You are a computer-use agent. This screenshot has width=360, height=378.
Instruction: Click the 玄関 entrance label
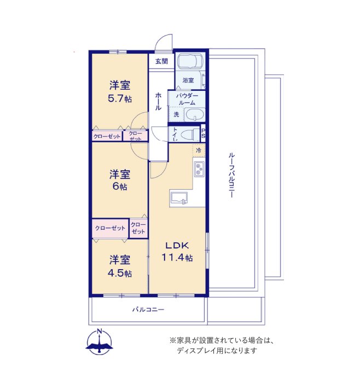(x=161, y=61)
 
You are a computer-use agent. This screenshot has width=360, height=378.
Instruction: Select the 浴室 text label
(x=188, y=80)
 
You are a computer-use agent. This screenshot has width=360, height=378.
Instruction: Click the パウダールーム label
(x=187, y=99)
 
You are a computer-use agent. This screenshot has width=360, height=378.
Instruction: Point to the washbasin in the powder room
(x=194, y=115)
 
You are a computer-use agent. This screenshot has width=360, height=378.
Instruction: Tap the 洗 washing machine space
(x=176, y=114)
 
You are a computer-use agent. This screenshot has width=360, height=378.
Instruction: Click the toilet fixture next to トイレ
(x=189, y=134)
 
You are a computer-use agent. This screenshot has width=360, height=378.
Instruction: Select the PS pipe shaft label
(x=203, y=133)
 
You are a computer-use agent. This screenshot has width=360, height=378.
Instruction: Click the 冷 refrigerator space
(x=199, y=150)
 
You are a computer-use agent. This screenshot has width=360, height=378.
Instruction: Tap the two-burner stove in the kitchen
(x=199, y=168)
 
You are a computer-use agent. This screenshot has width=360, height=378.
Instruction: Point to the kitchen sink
(x=179, y=199)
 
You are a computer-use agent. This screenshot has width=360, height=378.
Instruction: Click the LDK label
(x=177, y=246)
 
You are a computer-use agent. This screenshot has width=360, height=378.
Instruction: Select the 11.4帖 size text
(x=177, y=258)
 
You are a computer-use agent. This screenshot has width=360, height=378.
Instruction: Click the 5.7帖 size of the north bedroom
(x=120, y=98)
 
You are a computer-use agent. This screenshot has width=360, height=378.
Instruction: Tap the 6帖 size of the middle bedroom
(x=120, y=187)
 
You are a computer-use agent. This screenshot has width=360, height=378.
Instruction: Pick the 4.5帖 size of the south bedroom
(x=120, y=273)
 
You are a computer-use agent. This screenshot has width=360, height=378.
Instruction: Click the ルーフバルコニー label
(x=231, y=175)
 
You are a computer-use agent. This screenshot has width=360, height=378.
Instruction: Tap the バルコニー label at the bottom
(x=148, y=309)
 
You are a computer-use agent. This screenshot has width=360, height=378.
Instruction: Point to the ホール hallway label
(x=158, y=101)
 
